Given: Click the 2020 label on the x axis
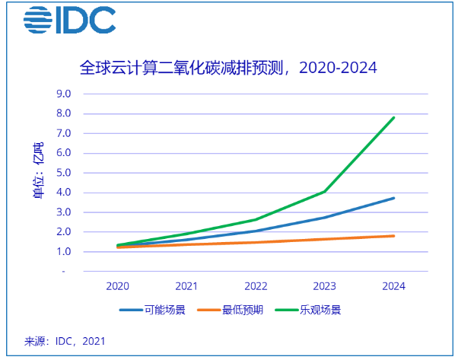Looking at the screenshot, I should (x=117, y=286).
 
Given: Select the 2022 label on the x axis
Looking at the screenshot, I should (x=256, y=286).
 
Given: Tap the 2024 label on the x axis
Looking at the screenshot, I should (x=394, y=286).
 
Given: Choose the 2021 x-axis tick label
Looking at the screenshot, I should (x=186, y=286).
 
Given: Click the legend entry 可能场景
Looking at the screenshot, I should (x=153, y=310).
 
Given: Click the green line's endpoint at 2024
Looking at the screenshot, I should (x=394, y=117).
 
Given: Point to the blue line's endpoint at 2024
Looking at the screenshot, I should (x=394, y=198).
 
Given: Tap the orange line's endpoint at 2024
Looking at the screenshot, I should (x=394, y=236).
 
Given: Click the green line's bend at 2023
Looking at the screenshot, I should (x=325, y=192).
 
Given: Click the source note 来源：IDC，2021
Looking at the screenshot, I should (x=65, y=340).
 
